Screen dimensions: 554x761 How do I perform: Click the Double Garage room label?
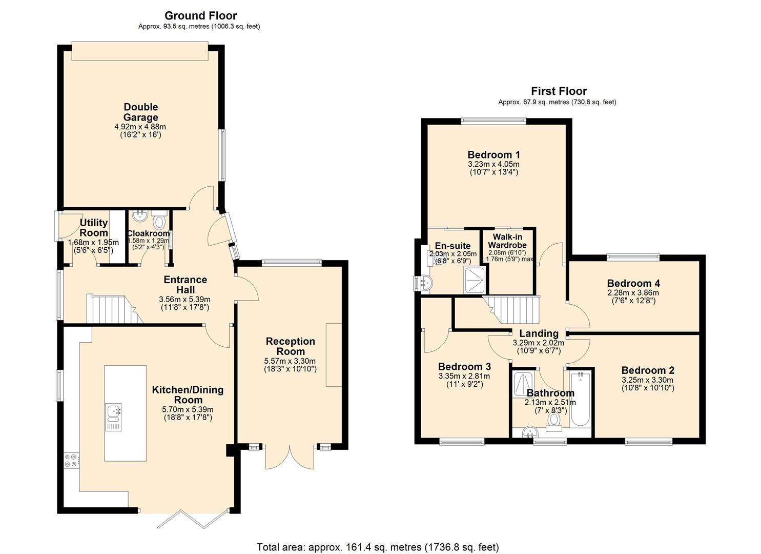pos(140,112)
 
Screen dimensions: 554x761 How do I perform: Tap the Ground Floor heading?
pos(201,15)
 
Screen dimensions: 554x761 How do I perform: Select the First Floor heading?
pos(559,91)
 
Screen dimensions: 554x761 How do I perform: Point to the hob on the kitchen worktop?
pos(71,460)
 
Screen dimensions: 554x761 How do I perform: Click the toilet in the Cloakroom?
pos(159,222)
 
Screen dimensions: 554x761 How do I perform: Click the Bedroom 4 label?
pos(633,283)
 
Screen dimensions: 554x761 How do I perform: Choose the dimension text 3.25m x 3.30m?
pos(647,380)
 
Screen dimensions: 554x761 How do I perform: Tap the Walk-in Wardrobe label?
pos(507,241)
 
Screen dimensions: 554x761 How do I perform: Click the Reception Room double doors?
pos(290,457)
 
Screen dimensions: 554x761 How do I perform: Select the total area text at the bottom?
pos(377,547)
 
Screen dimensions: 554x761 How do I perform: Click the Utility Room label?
pos(94,227)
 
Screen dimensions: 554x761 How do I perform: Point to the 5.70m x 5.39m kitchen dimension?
pos(188,409)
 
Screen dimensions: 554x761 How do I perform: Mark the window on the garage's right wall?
pos(222,154)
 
